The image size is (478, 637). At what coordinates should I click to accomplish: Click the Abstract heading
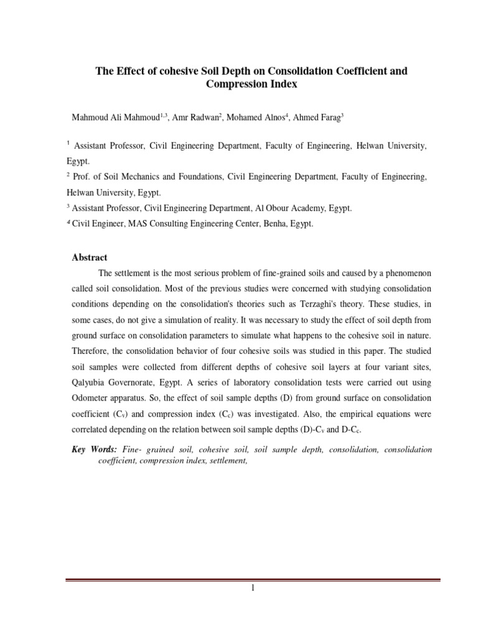90,258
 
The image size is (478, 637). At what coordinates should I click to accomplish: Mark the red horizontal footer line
253,580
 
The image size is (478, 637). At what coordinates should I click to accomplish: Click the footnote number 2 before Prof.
68,175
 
